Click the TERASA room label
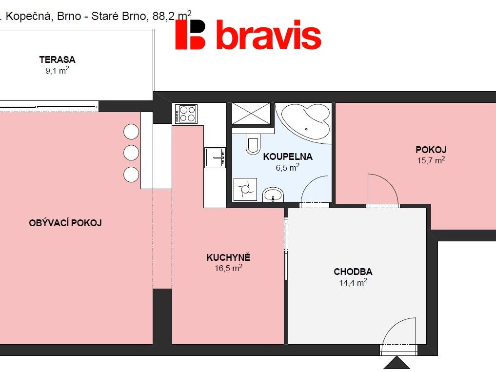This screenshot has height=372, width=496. (57, 59)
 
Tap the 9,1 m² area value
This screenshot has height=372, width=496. (57, 70)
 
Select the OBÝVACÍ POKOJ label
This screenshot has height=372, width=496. (65, 223)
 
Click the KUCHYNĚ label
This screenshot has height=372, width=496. (228, 257)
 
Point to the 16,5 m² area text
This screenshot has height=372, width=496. (228, 268)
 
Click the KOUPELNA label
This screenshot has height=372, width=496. (288, 157)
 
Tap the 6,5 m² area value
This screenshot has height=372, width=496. (288, 167)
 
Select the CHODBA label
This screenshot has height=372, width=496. (353, 272)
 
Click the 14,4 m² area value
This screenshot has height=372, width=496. (353, 282)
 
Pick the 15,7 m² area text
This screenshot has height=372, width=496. (431, 160)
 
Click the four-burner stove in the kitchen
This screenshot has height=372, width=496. (186, 114)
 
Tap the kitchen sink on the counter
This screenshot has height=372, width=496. (215, 157)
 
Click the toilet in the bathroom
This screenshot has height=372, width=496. (253, 143)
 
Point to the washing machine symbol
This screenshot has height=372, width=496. (245, 190)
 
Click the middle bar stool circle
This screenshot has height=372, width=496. (131, 153)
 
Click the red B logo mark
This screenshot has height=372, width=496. (190, 35)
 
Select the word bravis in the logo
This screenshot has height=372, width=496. (269, 35)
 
